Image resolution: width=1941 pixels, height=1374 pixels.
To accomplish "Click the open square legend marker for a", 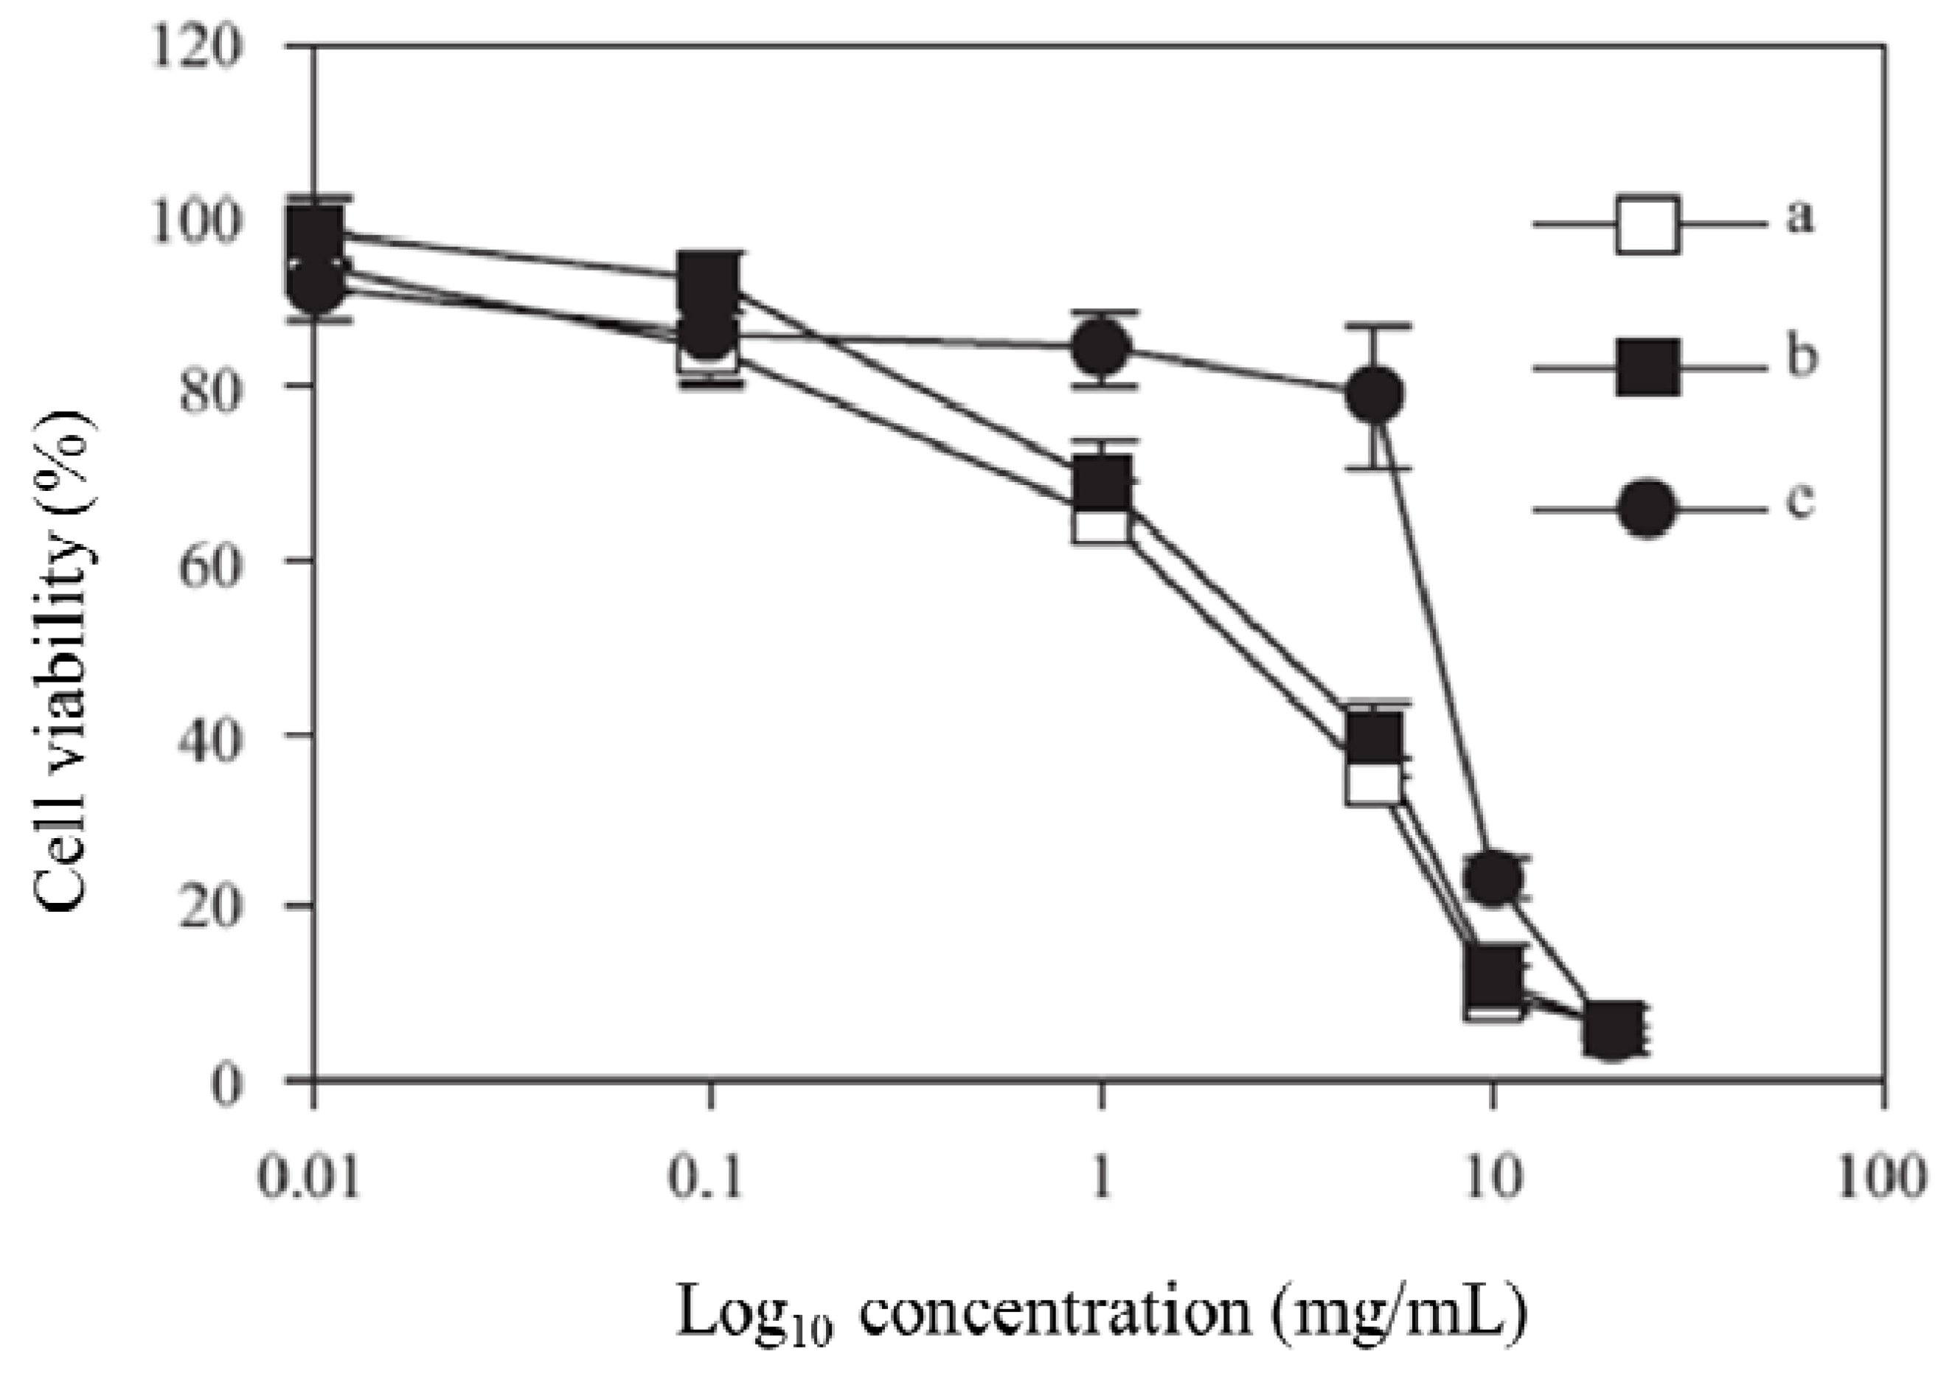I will [x=1647, y=225].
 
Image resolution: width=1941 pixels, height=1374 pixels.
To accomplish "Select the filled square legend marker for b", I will [x=1647, y=367].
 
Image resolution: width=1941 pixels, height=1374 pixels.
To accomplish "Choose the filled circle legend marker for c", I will [x=1647, y=509].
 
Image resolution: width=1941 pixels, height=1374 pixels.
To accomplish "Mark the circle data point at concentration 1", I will [x=1100, y=348].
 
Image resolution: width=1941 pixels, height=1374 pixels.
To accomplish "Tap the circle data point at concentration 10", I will [x=1493, y=877].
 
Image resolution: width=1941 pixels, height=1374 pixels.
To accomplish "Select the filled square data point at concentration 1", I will [x=1100, y=480].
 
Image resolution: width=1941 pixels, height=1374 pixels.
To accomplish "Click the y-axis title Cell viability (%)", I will [x=64, y=660].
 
